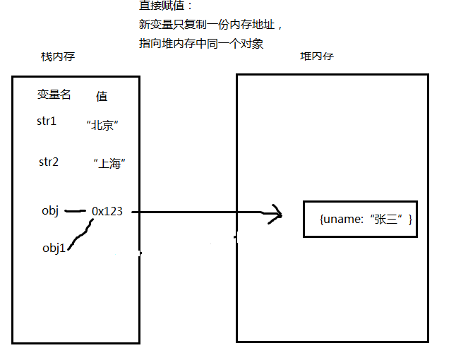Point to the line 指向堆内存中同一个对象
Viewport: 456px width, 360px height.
(x=201, y=43)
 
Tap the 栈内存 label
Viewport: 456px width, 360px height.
(x=58, y=56)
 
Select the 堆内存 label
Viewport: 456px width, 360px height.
(x=317, y=56)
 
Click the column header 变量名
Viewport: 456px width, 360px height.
(x=54, y=95)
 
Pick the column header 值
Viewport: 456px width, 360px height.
(x=102, y=96)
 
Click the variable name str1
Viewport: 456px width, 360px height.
(x=47, y=121)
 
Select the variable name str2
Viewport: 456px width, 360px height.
(x=48, y=162)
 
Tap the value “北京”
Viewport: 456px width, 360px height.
(x=102, y=126)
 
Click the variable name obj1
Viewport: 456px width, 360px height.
(x=54, y=247)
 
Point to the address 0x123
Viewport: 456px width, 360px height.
(x=107, y=210)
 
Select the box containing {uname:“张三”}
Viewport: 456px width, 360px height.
(x=360, y=220)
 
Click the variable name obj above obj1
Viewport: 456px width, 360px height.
(x=51, y=210)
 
